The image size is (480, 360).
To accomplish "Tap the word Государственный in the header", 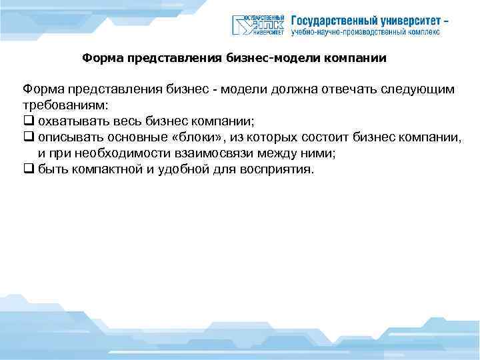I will coord(333,19).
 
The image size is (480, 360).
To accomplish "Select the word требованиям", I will coord(64,105).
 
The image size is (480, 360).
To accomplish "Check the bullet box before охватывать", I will coord(27,121).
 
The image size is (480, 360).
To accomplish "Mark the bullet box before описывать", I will coord(27,137).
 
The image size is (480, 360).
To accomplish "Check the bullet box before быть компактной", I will coord(27,169).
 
